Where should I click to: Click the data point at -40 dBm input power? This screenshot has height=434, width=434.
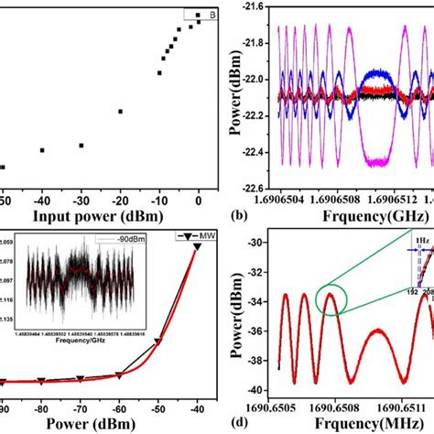pyautogui.click(x=42, y=150)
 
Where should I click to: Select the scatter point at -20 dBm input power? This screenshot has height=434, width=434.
pyautogui.click(x=120, y=112)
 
